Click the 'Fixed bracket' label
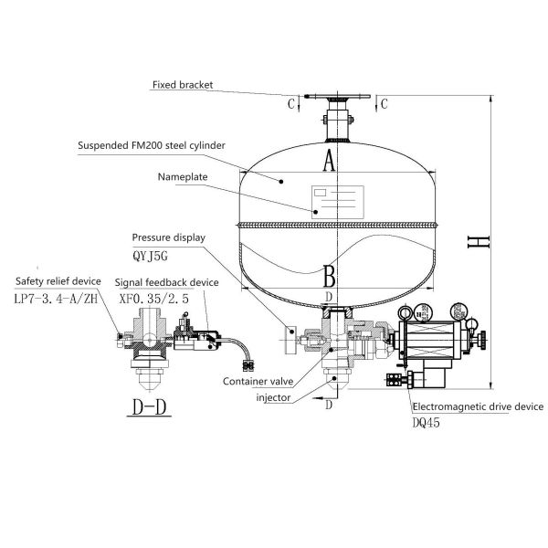pyautogui.click(x=183, y=84)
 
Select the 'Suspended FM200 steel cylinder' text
pyautogui.click(x=150, y=145)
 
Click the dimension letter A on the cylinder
pyautogui.click(x=331, y=162)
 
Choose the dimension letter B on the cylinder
pyautogui.click(x=330, y=274)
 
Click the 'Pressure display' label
pyautogui.click(x=168, y=237)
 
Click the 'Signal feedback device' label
pyautogui.click(x=166, y=282)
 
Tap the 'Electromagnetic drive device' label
pyautogui.click(x=478, y=406)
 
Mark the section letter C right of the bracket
pyautogui.click(x=385, y=103)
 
